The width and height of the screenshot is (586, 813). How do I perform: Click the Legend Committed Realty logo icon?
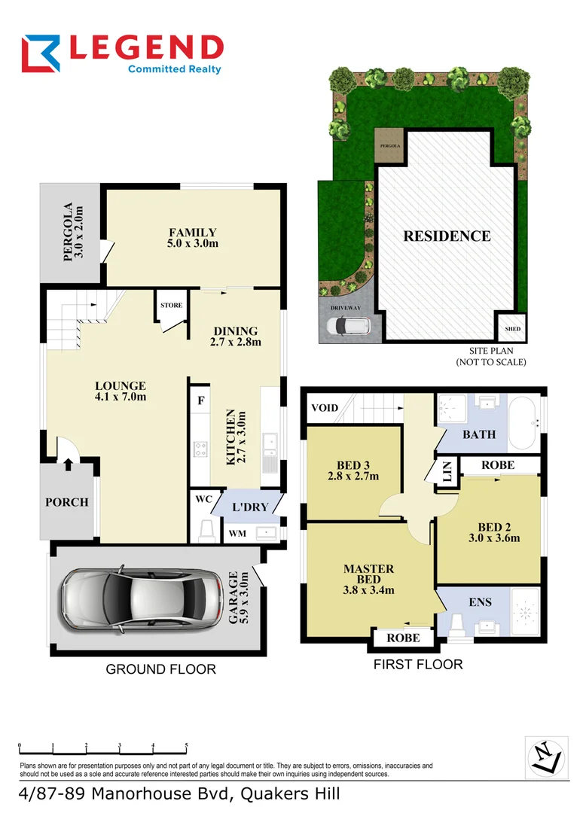(x=42, y=55)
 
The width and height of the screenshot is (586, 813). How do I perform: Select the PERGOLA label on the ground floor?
(x=72, y=231)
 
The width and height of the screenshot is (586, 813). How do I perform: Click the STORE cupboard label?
(x=171, y=306)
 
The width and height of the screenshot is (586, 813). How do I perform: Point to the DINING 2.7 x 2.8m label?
(x=236, y=336)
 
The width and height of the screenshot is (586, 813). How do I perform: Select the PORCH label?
(x=67, y=502)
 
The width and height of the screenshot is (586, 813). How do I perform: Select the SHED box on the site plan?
(x=512, y=329)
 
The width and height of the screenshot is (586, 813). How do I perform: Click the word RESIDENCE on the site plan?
(x=447, y=236)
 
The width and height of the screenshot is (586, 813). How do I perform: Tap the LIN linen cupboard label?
(x=447, y=475)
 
